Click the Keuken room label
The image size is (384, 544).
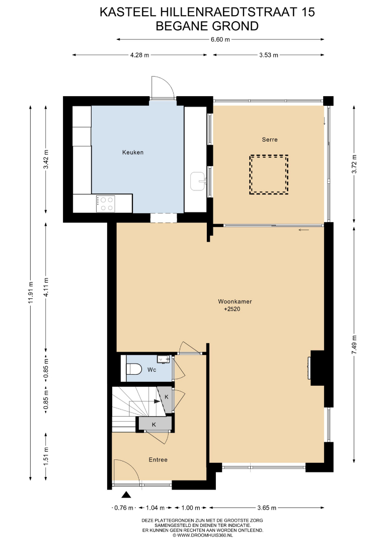(133, 152)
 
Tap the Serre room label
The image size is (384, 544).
(270, 140)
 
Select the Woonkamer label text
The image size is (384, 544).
(235, 302)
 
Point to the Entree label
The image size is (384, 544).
(158, 460)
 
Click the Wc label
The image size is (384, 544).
(152, 370)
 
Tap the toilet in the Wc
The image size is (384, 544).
(133, 369)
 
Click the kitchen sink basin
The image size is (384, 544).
(199, 181)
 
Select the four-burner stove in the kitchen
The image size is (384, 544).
(105, 203)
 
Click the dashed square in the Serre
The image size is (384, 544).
(269, 174)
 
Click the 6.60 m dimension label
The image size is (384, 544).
(220, 40)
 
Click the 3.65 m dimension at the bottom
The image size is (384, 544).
(267, 508)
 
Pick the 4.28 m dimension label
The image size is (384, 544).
(140, 55)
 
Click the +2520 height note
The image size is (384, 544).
(232, 309)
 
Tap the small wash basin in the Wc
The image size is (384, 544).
(163, 359)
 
